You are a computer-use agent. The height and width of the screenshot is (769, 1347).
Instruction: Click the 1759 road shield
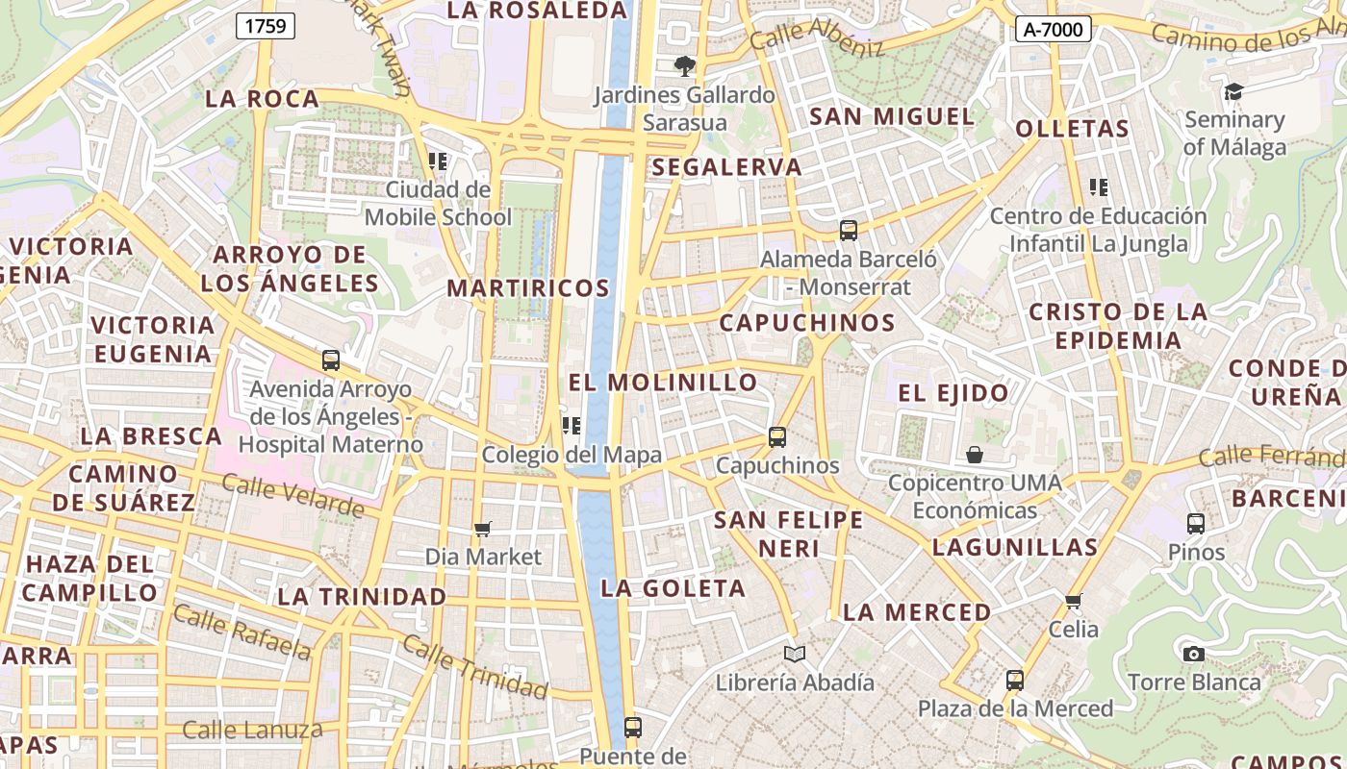tap(265, 26)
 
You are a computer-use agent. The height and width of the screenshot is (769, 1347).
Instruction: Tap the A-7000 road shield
tap(1053, 29)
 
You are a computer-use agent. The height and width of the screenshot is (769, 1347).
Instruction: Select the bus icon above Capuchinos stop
tap(777, 437)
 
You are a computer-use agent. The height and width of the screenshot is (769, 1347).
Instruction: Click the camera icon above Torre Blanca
tap(1194, 654)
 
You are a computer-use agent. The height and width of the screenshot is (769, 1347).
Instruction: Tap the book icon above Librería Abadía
tap(794, 655)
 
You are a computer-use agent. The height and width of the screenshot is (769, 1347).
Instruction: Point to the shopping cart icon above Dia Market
tap(483, 529)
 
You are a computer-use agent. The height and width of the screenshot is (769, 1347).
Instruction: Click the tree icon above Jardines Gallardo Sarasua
tap(684, 66)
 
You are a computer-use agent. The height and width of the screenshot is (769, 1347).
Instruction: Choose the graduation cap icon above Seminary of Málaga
tap(1233, 92)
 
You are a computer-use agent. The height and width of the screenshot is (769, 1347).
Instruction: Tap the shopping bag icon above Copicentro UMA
tap(975, 455)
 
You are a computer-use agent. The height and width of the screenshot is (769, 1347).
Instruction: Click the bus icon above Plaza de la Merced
tap(1014, 681)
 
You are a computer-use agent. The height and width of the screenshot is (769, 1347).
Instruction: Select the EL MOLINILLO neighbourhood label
tap(663, 383)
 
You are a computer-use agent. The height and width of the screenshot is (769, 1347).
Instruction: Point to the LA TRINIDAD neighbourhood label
tap(362, 597)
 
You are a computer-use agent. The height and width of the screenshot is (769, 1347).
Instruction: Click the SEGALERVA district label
tap(726, 167)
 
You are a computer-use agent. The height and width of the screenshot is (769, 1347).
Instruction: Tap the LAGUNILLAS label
tap(1015, 548)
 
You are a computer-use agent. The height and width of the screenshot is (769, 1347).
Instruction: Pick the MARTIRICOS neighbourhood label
tap(528, 288)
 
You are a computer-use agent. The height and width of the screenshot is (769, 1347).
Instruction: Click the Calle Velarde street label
tap(292, 494)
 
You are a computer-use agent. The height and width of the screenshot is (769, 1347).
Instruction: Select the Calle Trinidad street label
tap(475, 666)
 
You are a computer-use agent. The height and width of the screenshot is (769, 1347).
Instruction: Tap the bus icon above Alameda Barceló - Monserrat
tap(848, 231)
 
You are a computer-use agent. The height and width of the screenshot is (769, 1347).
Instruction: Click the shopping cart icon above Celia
tap(1074, 602)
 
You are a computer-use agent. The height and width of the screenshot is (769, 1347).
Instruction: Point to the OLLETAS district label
tap(1072, 129)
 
